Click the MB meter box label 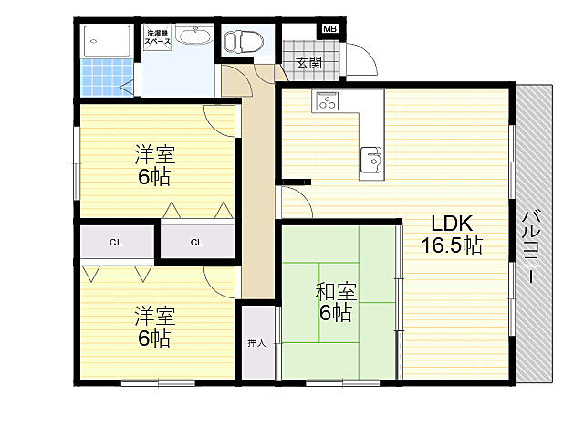(329, 29)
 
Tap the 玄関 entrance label (309, 62)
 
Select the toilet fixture (244, 40)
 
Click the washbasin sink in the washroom (193, 36)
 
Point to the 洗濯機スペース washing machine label (158, 37)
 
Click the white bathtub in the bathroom (107, 40)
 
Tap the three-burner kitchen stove (326, 101)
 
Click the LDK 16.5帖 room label (452, 235)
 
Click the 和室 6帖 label (336, 302)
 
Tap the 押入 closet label (257, 343)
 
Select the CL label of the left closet (116, 243)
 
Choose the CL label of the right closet (197, 243)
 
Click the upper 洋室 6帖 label (155, 166)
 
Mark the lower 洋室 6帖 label (155, 327)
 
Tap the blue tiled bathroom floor (108, 77)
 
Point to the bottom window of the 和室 (343, 382)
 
